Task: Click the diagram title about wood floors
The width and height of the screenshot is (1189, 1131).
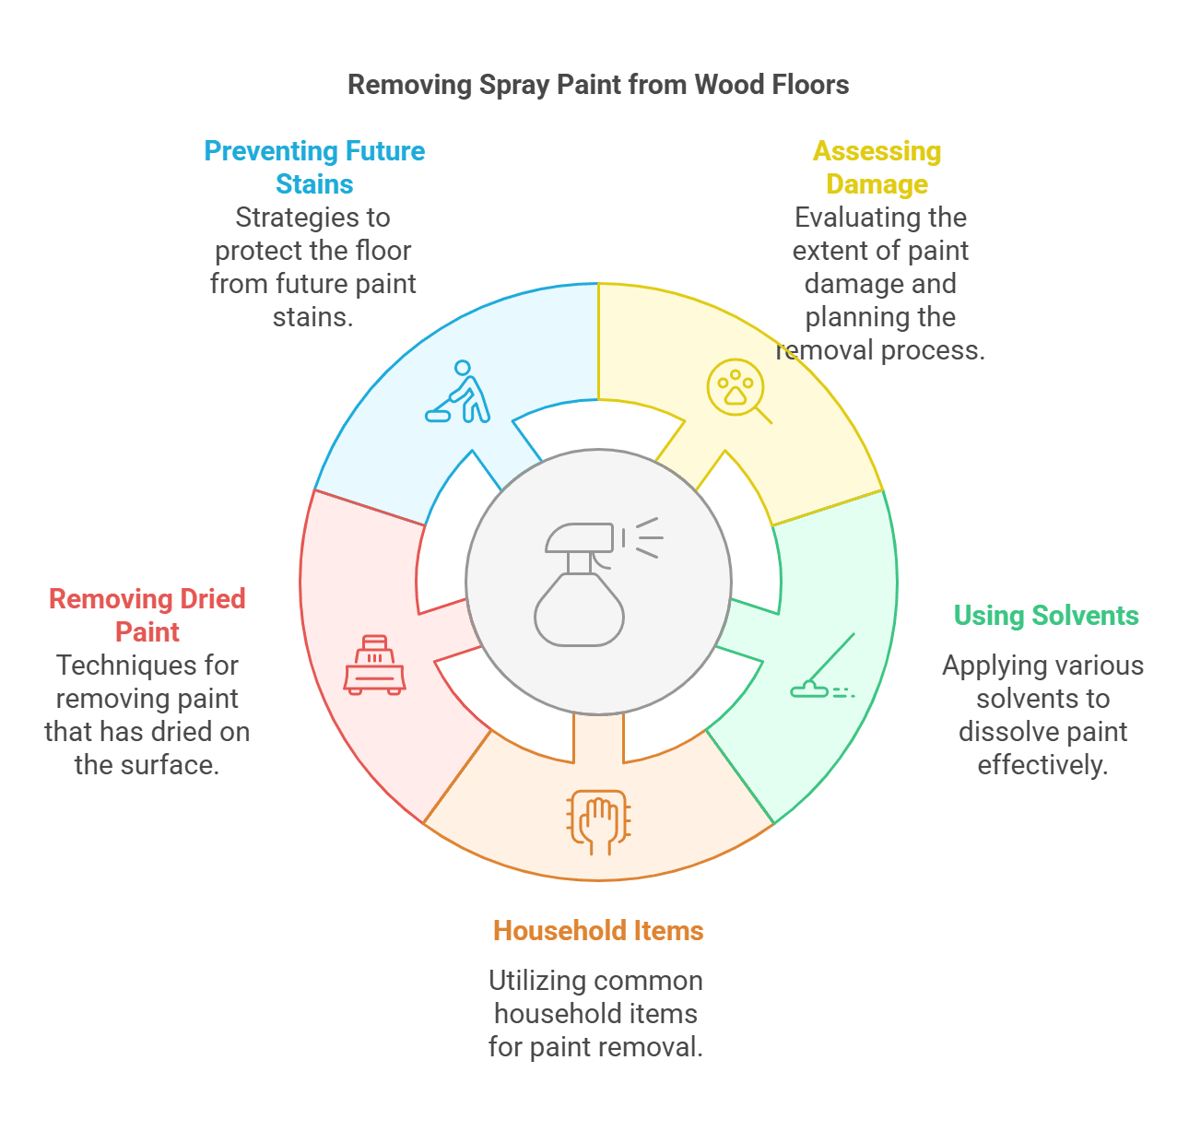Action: pyautogui.click(x=598, y=85)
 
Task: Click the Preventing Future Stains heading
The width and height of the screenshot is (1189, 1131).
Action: pyautogui.click(x=314, y=167)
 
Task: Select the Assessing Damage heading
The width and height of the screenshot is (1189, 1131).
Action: pyautogui.click(x=877, y=167)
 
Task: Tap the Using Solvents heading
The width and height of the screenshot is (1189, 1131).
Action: pyautogui.click(x=1046, y=615)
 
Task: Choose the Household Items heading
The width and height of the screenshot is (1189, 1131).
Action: pyautogui.click(x=598, y=930)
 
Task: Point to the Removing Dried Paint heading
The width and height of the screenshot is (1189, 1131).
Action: pyautogui.click(x=147, y=615)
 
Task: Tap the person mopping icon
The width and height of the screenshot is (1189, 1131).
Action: pyautogui.click(x=458, y=393)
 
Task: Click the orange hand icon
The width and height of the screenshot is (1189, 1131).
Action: pyautogui.click(x=598, y=819)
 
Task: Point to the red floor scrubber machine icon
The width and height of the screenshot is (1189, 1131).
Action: pyautogui.click(x=374, y=665)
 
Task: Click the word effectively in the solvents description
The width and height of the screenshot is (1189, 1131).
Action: pyautogui.click(x=1042, y=765)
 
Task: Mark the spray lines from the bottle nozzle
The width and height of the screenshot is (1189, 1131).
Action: pyautogui.click(x=644, y=538)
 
